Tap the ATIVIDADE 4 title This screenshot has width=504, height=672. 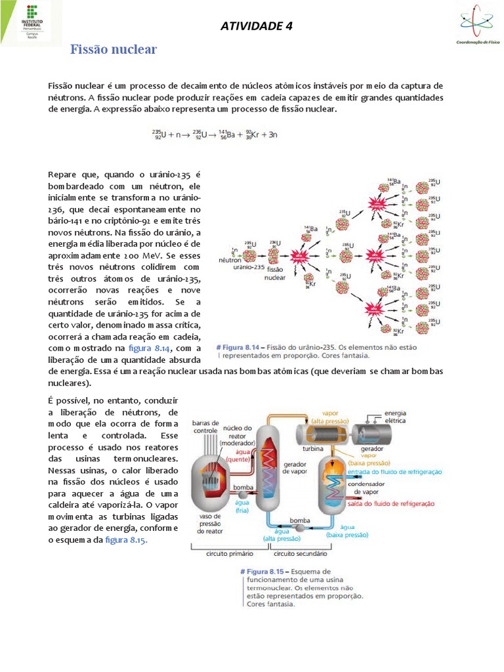pos(256,26)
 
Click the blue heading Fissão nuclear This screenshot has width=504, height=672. pos(114,50)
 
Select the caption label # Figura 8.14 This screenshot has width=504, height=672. pos(240,346)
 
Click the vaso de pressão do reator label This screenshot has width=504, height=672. pos(211,524)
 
